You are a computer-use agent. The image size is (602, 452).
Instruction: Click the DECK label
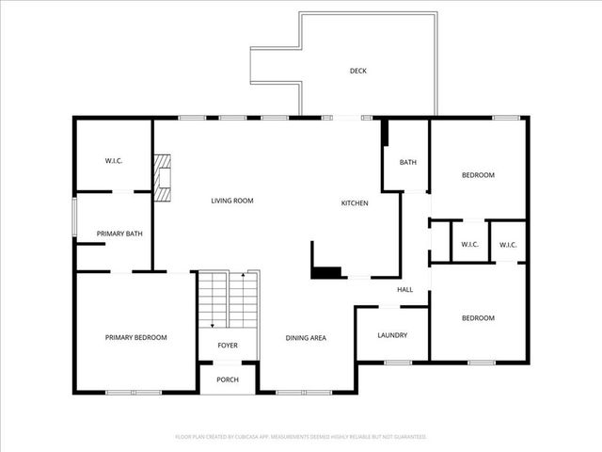[357, 71]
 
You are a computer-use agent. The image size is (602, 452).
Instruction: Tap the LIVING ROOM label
[231, 201]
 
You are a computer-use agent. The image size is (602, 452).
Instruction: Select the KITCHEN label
[354, 203]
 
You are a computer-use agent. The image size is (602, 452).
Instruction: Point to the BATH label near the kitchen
[407, 162]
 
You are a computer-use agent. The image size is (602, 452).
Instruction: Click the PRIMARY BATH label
[119, 234]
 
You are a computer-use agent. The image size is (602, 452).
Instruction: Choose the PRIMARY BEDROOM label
[135, 337]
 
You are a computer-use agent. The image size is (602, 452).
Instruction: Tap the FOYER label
[228, 346]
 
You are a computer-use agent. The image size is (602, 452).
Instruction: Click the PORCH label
[228, 379]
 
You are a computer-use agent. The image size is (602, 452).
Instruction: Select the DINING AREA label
[306, 337]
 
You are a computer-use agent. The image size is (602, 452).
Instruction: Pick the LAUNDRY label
[391, 335]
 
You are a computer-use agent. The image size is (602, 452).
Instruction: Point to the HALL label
[404, 289]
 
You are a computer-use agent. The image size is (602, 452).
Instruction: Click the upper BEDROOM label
[477, 175]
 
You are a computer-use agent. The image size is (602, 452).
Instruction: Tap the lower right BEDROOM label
[477, 318]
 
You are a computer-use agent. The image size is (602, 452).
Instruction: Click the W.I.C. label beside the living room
[114, 161]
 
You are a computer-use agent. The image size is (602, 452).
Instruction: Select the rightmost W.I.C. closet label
[508, 245]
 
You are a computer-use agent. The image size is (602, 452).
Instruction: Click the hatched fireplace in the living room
[166, 178]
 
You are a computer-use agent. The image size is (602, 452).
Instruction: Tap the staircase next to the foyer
[228, 299]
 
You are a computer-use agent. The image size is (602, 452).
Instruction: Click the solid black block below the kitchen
[326, 273]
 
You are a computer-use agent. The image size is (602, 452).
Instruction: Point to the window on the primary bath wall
[75, 219]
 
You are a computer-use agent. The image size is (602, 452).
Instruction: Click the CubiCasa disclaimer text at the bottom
[301, 437]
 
